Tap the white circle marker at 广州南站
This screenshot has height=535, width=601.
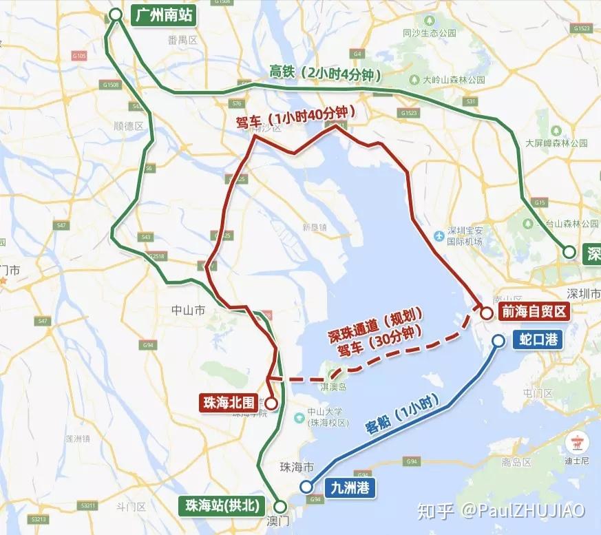116,14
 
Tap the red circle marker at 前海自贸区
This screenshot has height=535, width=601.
486,313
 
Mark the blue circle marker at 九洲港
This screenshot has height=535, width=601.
306,488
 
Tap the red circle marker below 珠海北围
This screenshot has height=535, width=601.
271,403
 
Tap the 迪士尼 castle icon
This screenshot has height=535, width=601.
573,441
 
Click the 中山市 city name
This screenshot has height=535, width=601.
189,311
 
